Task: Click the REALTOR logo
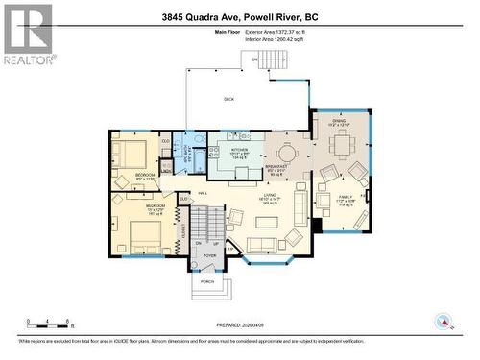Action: pyautogui.click(x=28, y=33)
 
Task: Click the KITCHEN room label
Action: pyautogui.click(x=240, y=152)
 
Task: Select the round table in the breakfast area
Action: pyautogui.click(x=286, y=153)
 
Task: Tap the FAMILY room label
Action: pyautogui.click(x=345, y=201)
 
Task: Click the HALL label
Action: pyautogui.click(x=203, y=193)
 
